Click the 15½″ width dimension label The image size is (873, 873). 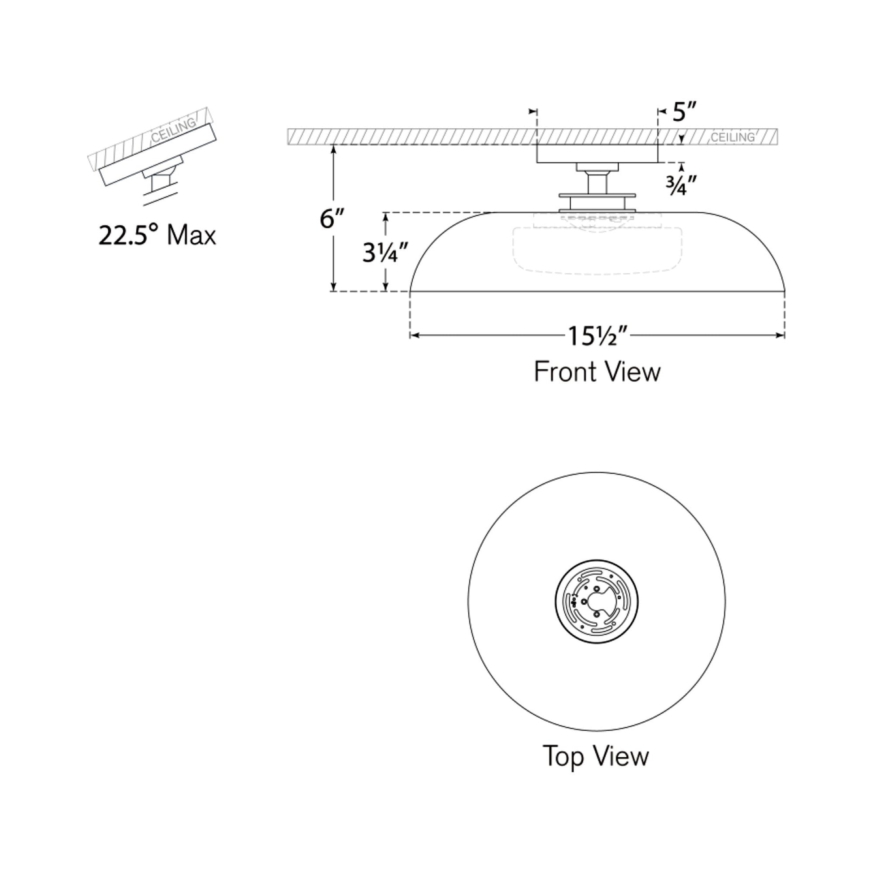pyautogui.click(x=598, y=336)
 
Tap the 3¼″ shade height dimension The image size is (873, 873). pyautogui.click(x=385, y=253)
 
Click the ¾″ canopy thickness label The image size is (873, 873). pyautogui.click(x=681, y=185)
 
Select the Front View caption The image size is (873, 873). pyautogui.click(x=597, y=372)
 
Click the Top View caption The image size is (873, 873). pyautogui.click(x=596, y=756)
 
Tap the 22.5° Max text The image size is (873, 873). pyautogui.click(x=157, y=236)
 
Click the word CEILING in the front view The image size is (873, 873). pyautogui.click(x=732, y=137)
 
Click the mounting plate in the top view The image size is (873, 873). pyautogui.click(x=597, y=602)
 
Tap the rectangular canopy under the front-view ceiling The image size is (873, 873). pyautogui.click(x=597, y=153)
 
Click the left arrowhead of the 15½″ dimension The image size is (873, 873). pyautogui.click(x=414, y=335)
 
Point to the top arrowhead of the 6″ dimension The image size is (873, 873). pyautogui.click(x=333, y=149)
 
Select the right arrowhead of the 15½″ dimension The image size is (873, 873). pyautogui.click(x=781, y=335)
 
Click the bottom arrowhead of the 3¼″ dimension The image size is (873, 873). pyautogui.click(x=385, y=287)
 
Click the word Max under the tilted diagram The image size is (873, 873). pyautogui.click(x=192, y=236)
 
